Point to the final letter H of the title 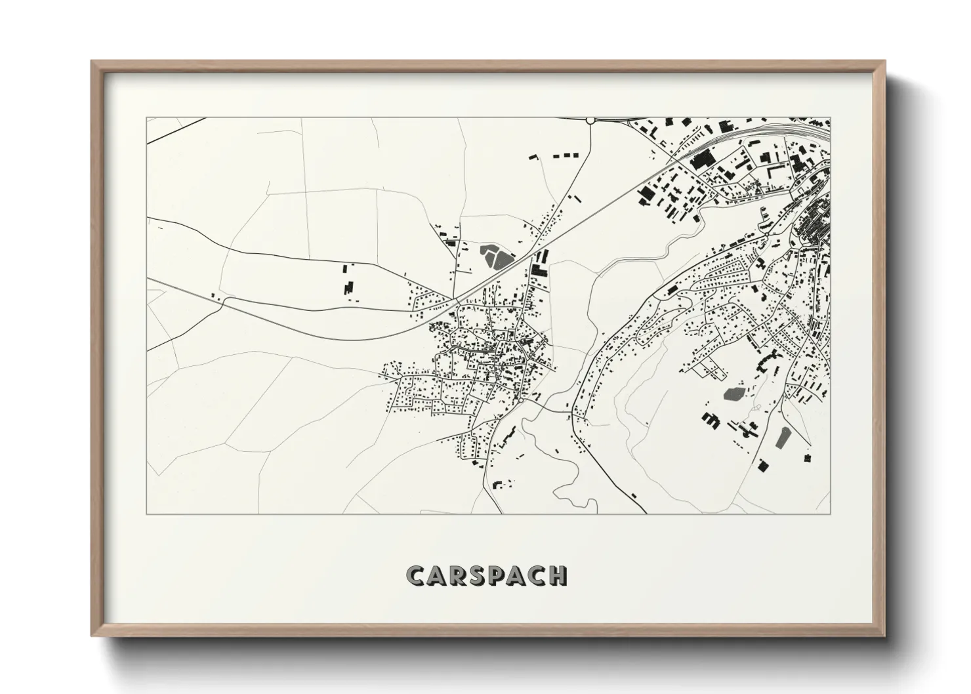pyautogui.click(x=558, y=575)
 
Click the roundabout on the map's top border pyautogui.click(x=590, y=120)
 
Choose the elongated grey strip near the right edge pyautogui.click(x=783, y=438)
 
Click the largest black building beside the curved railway pyautogui.click(x=703, y=159)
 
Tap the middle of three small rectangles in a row pyautogui.click(x=566, y=155)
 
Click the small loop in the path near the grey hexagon pyautogui.click(x=756, y=408)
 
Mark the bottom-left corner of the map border pyautogui.click(x=146, y=514)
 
